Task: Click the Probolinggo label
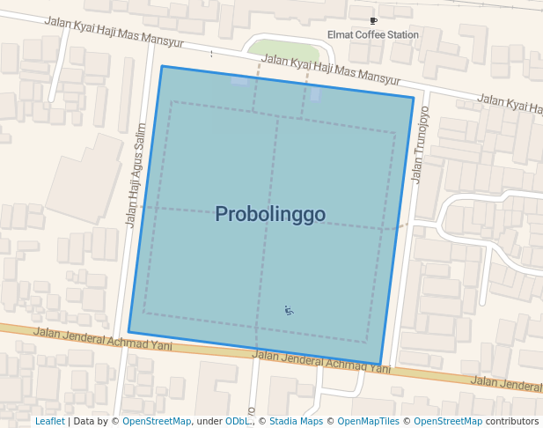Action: [x=270, y=214]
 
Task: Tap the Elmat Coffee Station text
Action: [x=373, y=35]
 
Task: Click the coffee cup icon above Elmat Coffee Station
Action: [x=373, y=20]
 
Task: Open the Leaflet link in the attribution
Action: [x=50, y=422]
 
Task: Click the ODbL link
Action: [x=237, y=422]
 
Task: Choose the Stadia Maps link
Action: [x=295, y=422]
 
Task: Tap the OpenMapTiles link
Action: [x=366, y=422]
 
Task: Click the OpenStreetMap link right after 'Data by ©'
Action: [x=157, y=422]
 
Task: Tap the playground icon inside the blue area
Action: [x=289, y=310]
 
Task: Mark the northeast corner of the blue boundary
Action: [x=414, y=97]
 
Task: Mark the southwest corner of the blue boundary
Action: [x=128, y=332]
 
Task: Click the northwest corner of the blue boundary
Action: [x=162, y=66]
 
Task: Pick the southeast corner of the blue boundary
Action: [x=380, y=365]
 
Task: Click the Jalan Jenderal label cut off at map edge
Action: [x=506, y=382]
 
